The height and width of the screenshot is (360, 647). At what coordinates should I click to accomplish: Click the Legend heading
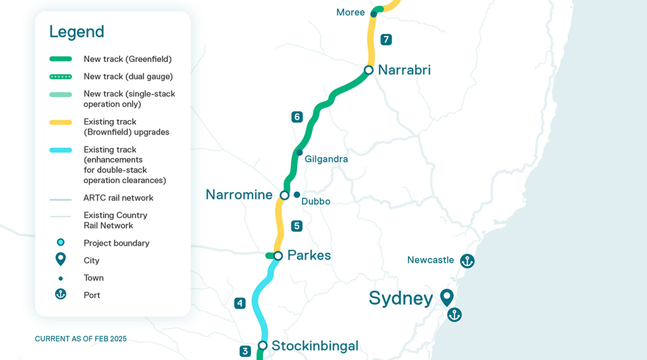pos(76,32)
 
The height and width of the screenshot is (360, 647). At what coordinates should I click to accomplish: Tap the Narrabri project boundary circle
pos(369,70)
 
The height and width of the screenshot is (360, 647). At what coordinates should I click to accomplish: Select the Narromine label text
pos(239,195)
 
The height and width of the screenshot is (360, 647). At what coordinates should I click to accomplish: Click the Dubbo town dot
pos(296,195)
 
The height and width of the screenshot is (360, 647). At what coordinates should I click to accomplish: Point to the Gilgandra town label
pos(326,159)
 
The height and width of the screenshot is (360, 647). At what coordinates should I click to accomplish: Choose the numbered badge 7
pos(386,40)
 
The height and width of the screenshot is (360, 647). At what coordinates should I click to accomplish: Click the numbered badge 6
pos(297,117)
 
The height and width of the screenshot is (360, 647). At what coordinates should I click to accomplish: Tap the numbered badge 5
pos(296,225)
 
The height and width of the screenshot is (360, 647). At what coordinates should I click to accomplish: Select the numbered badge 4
pos(239,303)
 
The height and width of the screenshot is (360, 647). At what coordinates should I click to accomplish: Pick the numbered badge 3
pos(245,351)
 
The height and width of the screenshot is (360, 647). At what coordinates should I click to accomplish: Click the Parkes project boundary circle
pos(277,256)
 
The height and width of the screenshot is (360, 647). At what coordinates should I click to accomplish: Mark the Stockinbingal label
pos(315,345)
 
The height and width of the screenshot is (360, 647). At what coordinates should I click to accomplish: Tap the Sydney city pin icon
pos(447,297)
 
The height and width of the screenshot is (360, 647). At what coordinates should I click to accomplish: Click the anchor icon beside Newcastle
pos(467,260)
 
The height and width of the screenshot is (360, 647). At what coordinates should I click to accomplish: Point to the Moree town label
pos(350,13)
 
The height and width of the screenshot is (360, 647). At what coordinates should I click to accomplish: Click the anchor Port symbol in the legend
pos(61,294)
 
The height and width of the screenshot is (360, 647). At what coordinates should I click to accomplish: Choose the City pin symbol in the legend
pos(61,260)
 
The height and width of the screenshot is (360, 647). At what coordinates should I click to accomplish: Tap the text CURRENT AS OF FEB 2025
pos(81,339)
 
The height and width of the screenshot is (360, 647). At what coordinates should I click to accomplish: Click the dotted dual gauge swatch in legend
pos(61,76)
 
